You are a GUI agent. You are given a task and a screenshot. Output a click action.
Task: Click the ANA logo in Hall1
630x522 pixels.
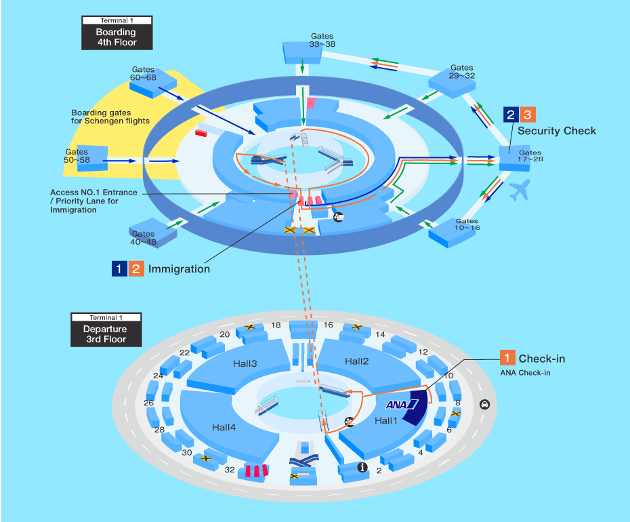[x=400, y=405]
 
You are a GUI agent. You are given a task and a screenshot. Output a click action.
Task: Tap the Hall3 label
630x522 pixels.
[x=244, y=364]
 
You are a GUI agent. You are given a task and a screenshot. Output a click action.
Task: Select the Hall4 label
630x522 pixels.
[x=223, y=427]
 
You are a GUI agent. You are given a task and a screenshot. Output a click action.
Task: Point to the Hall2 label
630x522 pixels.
[x=356, y=361]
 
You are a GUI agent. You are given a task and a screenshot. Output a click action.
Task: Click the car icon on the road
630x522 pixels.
[x=484, y=405]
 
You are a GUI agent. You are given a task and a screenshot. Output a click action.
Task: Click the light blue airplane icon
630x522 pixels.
[x=519, y=190]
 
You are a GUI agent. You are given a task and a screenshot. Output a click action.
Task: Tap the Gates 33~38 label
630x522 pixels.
[x=322, y=40]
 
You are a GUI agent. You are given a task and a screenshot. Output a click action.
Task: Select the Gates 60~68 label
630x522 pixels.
[x=143, y=73]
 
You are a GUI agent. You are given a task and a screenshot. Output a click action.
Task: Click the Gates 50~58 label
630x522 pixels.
[x=77, y=156]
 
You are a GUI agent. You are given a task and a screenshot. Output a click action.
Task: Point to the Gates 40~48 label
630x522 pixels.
[x=143, y=238]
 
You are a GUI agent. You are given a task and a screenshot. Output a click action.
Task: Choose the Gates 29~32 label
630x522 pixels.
[x=462, y=72]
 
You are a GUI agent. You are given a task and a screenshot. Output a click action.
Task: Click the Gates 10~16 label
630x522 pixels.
[x=467, y=225]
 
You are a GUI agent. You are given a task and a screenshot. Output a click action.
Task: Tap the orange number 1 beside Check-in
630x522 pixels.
[x=507, y=358]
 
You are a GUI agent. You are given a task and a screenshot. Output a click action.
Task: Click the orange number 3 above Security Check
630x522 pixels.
[x=529, y=115]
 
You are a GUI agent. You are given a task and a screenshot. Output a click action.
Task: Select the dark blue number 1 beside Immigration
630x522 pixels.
[x=120, y=268]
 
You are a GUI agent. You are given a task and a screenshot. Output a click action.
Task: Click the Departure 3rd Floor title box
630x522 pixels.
[x=106, y=329]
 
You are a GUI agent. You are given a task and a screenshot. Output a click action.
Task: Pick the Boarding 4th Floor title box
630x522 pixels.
[x=116, y=33]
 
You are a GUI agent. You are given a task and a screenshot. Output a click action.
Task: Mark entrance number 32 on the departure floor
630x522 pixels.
[x=230, y=469]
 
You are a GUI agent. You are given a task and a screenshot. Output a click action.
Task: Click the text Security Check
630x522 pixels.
[x=557, y=131]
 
